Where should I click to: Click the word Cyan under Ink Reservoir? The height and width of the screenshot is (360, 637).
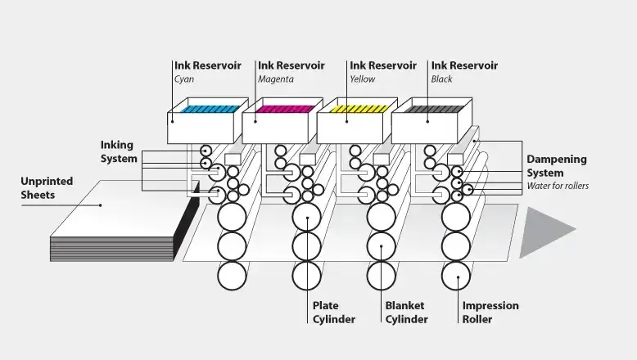coord(184,79)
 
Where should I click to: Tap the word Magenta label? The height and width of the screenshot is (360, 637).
coord(276,79)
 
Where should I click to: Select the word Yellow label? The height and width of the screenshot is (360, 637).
coord(363,79)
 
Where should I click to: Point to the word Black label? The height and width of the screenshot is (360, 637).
coord(441,79)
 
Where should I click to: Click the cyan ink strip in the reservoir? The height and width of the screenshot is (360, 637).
coord(210,109)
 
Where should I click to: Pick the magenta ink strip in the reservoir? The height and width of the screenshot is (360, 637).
coord(285,109)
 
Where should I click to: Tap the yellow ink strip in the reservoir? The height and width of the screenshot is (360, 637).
coord(359,109)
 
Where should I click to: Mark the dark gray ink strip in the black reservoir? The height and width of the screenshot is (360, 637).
coord(434,109)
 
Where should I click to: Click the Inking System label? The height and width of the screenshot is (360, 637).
coord(119,152)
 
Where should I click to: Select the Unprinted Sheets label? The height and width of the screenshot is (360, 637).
coord(47,188)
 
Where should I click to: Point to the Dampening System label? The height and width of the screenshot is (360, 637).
coord(557,166)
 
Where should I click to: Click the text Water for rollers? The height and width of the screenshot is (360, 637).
coord(558,186)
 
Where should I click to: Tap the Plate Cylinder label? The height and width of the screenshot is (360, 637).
coord(334,313)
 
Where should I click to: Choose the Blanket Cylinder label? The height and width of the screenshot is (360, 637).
coord(406,313)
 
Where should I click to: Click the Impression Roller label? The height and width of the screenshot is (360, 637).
coord(490,313)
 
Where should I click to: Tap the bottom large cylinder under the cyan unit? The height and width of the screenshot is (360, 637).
coord(232,276)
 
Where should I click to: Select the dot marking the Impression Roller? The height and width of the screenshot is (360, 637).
coord(459,278)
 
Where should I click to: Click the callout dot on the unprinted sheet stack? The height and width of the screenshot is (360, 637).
coord(101,205)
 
